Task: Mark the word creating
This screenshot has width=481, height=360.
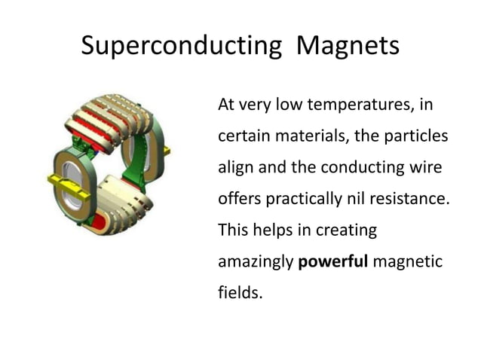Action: point(345,230)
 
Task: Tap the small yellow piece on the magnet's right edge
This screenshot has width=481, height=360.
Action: point(167,151)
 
